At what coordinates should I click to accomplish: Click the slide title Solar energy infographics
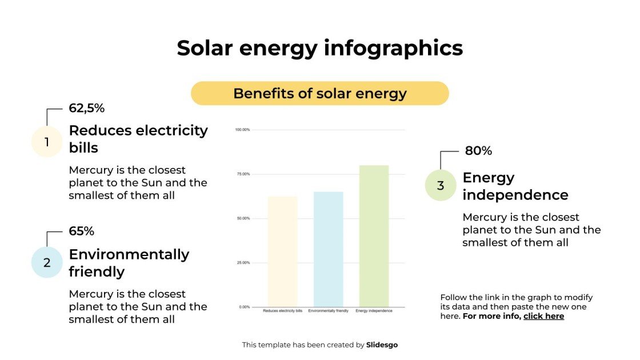319,48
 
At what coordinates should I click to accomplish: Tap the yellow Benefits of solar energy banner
319,94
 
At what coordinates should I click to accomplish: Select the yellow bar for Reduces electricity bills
282,251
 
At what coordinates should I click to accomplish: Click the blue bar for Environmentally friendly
328,249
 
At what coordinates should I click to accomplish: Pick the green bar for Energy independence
374,236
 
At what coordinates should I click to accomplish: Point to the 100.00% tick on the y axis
242,130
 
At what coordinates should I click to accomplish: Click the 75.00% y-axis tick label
243,174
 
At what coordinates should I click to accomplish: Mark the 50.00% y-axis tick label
243,218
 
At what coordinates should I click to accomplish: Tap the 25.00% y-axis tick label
243,263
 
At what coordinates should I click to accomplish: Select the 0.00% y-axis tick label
244,307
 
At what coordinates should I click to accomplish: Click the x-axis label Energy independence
374,311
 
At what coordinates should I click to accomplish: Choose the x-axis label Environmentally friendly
328,311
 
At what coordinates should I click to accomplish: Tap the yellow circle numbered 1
46,142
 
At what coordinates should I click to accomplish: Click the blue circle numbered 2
46,263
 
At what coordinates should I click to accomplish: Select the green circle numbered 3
440,186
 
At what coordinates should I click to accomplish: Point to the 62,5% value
86,108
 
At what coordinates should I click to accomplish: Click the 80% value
478,151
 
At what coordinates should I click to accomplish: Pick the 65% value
81,231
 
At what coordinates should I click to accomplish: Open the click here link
543,316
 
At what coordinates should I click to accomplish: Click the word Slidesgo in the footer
382,345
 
